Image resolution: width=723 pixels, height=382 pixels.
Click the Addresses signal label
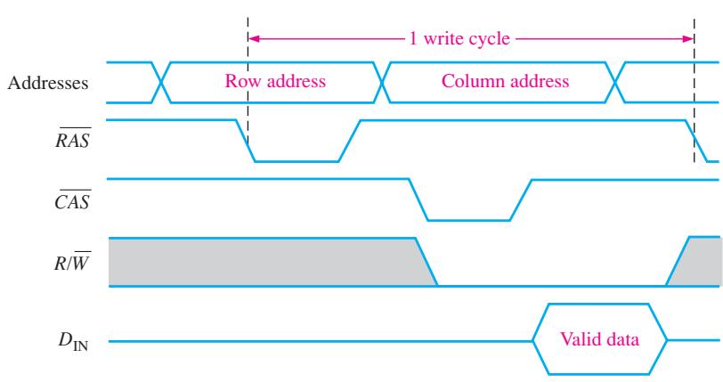pos(48,83)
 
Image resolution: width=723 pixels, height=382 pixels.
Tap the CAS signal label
pos(72,199)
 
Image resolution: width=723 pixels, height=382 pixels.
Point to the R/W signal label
pos(72,261)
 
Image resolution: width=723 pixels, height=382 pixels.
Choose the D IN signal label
pos(73,341)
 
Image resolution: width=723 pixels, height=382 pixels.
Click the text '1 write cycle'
pos(459,38)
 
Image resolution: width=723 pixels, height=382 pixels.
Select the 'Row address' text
pos(275,81)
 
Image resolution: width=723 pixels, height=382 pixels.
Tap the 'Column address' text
pos(506,81)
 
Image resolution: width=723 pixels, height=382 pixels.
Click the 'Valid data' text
pos(599,339)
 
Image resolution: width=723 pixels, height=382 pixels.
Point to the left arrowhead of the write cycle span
pos(253,38)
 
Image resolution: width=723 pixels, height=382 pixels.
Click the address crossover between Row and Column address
pos(382,82)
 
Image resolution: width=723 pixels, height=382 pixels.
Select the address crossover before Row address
pos(161,82)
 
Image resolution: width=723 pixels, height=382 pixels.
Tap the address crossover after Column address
pos(614,82)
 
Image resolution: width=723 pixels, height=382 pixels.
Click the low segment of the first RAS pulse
pos(297,161)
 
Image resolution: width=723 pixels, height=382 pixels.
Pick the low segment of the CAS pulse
pos(469,221)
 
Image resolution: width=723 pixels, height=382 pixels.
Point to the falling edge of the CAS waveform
pos(418,199)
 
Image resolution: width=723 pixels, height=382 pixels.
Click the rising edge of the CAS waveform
pos(521,199)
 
